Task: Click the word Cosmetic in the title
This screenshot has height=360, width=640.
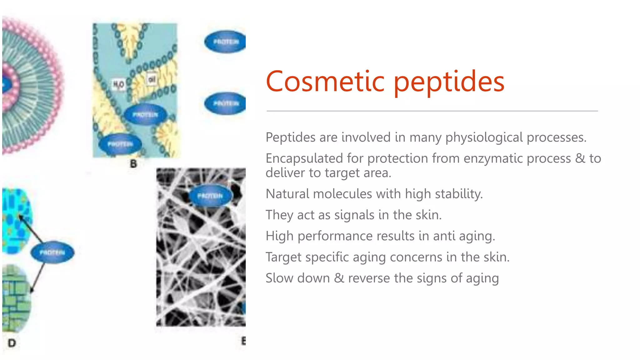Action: click(325, 82)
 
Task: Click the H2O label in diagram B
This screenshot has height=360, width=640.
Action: click(118, 84)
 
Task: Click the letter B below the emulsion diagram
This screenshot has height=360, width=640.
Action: click(133, 164)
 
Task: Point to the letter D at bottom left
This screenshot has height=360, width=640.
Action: click(12, 343)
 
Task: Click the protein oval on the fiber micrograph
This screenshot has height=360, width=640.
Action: click(210, 196)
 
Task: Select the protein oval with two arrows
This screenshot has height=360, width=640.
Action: click(52, 252)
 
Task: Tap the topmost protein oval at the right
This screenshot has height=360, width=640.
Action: click(225, 42)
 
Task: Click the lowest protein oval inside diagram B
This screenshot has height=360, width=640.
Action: click(120, 144)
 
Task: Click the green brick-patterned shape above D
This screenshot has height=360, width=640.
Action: click(16, 298)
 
